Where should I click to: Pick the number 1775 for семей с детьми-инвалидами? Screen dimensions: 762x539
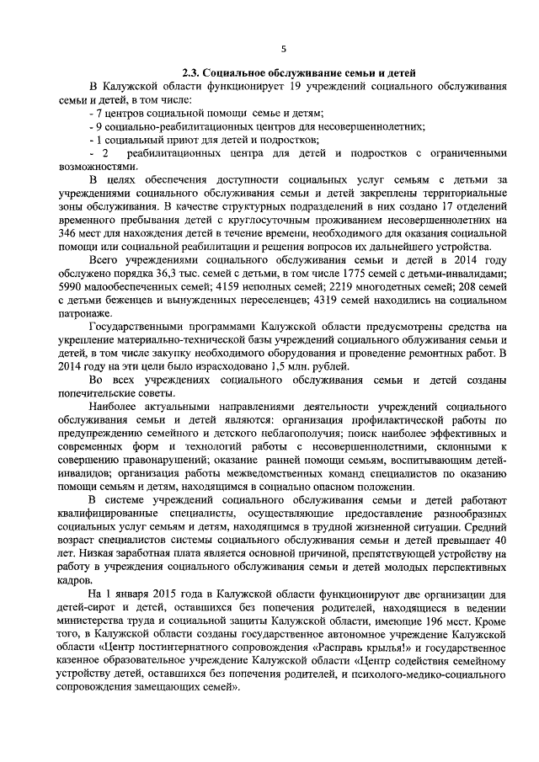pos(320,274)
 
